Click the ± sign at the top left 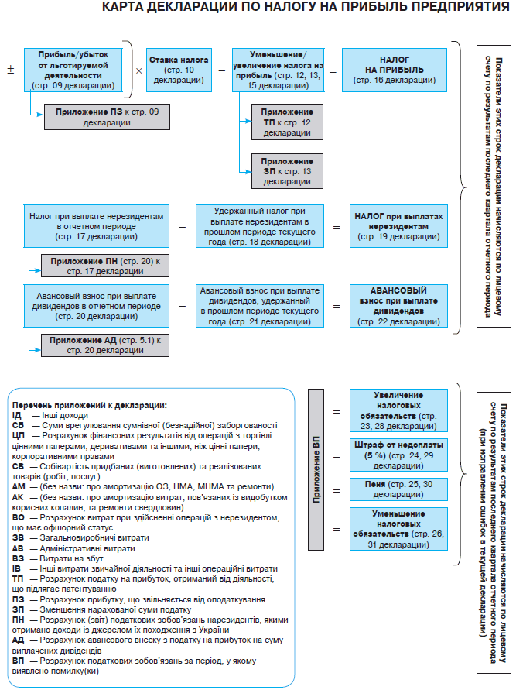coord(11,70)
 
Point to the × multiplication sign coord(138,70)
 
